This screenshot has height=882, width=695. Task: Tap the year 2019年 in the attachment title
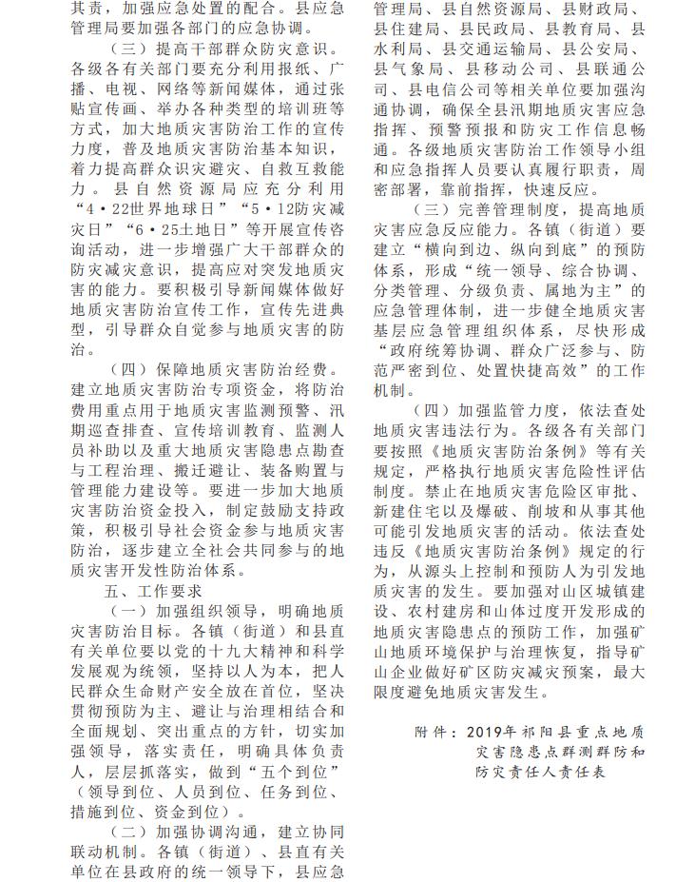pos(491,733)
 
